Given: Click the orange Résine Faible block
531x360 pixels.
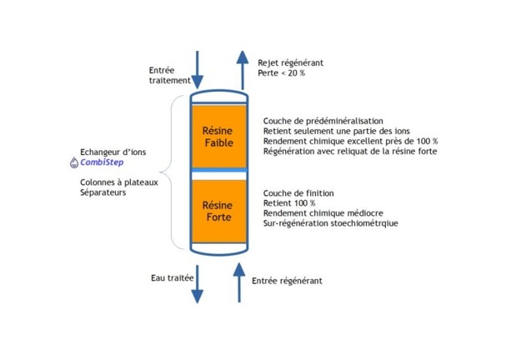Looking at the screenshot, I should coord(218,137).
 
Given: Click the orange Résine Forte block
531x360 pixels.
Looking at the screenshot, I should coord(218,211).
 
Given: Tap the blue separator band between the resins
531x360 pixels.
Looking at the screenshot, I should coord(218,170).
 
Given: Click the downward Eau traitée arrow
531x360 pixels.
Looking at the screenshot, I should coord(198,283).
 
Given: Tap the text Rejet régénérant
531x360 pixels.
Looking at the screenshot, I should coord(290,62).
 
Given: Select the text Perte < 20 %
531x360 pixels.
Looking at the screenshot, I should coord(282,73).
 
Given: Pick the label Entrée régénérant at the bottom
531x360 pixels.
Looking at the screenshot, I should coord(287,281).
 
